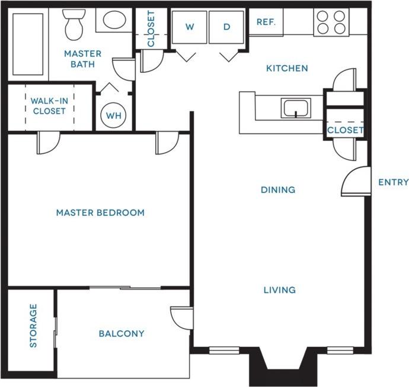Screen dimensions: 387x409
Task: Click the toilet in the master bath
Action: point(74,25)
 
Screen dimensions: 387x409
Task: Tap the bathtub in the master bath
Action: point(28,44)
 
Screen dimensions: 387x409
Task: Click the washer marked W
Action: point(189,27)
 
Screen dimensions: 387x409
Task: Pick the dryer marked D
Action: point(226,27)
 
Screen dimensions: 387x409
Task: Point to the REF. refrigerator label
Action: point(265,22)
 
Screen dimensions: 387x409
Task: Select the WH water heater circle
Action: point(113,115)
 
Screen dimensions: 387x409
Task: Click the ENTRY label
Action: point(393,182)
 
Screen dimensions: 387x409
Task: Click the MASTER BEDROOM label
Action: point(100,213)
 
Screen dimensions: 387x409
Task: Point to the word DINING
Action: point(278,190)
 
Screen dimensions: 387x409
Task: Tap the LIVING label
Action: point(279,290)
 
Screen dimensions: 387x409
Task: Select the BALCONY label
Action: point(122,334)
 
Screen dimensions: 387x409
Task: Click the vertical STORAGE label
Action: point(33,326)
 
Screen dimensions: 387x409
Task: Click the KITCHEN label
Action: point(286,68)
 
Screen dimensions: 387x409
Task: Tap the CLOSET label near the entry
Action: point(345,130)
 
